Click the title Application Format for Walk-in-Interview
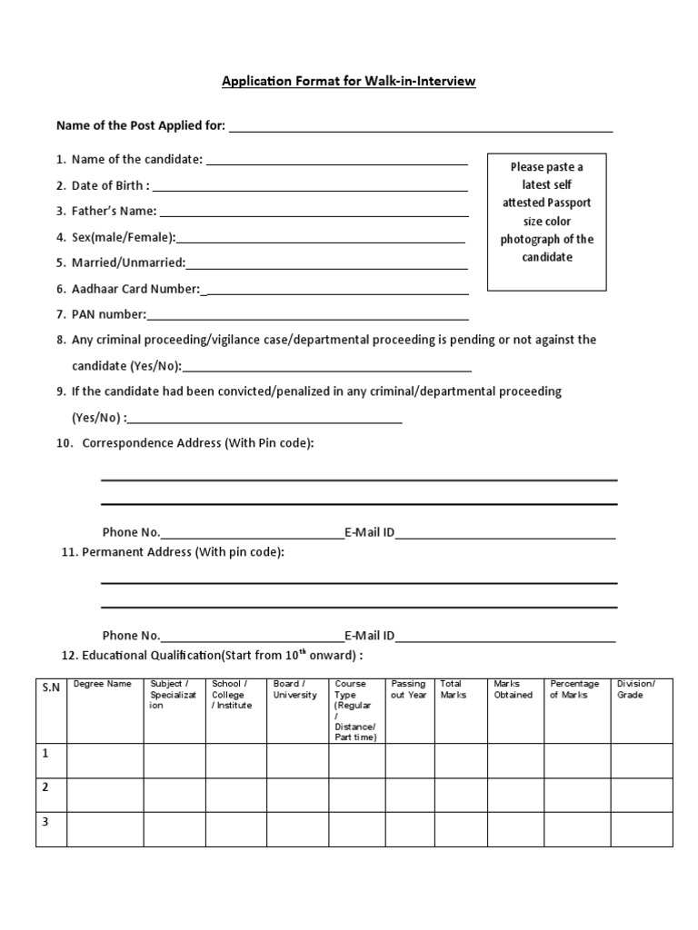point(349,82)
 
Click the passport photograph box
point(546,222)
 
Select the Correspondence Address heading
point(198,443)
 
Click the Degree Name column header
point(103,684)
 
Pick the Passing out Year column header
point(408,689)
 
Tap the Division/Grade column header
point(635,689)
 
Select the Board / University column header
point(295,689)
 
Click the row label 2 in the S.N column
point(45,787)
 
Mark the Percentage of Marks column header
point(574,689)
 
